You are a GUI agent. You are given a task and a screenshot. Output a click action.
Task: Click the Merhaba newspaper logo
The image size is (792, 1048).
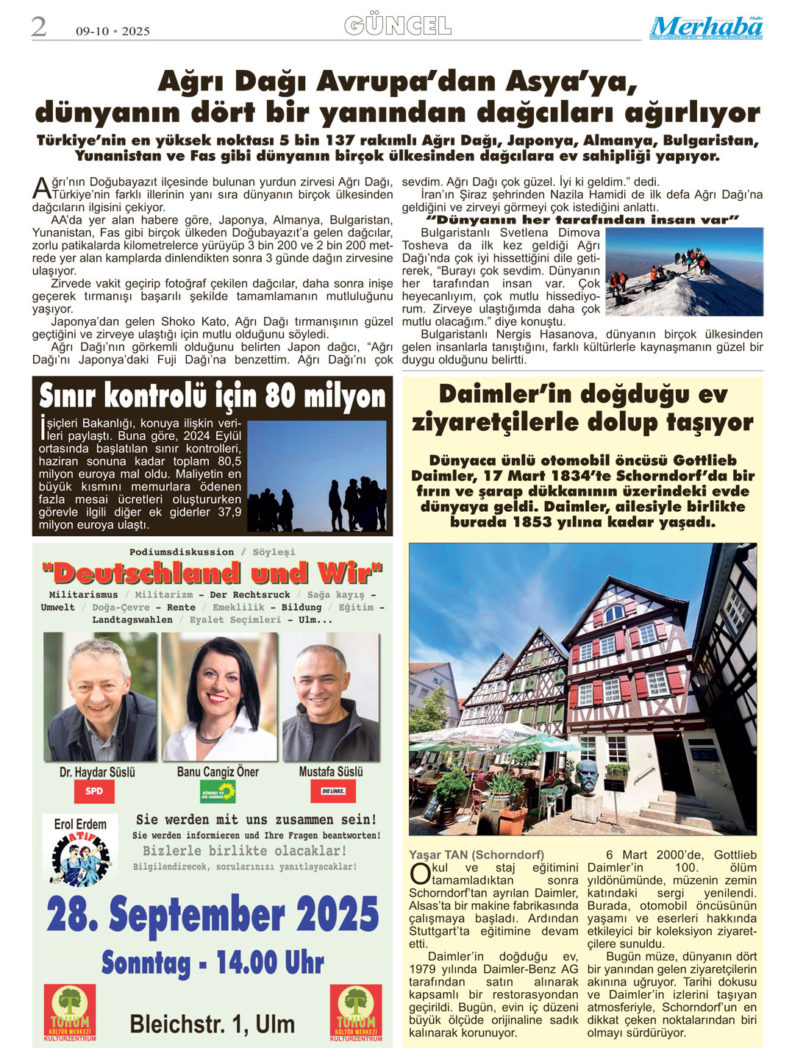click(x=705, y=27)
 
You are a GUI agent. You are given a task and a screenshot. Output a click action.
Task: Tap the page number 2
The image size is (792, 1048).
click(x=39, y=27)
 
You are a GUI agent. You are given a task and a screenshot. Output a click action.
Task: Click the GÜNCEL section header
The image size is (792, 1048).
click(x=397, y=26)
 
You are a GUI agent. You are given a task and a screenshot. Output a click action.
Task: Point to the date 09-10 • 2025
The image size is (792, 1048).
click(x=113, y=31)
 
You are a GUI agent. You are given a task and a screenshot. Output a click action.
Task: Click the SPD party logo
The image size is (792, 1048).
click(x=94, y=791)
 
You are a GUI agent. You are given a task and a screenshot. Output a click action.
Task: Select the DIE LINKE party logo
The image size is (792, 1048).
click(x=333, y=791)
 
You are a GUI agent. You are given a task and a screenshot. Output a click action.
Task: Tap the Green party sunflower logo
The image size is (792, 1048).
click(x=218, y=791)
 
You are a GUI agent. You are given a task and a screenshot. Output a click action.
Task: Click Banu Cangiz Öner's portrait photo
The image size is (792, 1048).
click(x=219, y=696)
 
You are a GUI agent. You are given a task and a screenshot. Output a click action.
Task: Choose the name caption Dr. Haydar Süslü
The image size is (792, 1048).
click(x=98, y=772)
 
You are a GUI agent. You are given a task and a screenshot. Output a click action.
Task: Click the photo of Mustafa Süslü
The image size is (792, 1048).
click(x=330, y=696)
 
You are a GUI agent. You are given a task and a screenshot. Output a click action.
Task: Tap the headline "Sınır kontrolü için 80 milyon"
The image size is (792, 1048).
click(x=212, y=396)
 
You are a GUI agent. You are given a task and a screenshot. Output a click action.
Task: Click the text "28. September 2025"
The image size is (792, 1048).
click(x=213, y=915)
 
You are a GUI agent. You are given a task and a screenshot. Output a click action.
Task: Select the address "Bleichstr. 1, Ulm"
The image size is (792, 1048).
click(x=212, y=1024)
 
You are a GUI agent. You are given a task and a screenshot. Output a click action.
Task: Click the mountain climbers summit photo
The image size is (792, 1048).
click(x=684, y=271)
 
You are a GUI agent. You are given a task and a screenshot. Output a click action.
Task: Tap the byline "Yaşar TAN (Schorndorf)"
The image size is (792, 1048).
click(x=477, y=855)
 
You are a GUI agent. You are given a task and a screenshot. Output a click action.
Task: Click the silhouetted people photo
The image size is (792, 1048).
click(x=317, y=475)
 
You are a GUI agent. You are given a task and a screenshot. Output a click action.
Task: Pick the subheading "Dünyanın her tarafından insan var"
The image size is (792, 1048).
click(x=582, y=220)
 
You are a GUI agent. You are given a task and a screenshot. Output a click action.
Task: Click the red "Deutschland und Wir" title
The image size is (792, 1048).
click(x=213, y=573)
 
